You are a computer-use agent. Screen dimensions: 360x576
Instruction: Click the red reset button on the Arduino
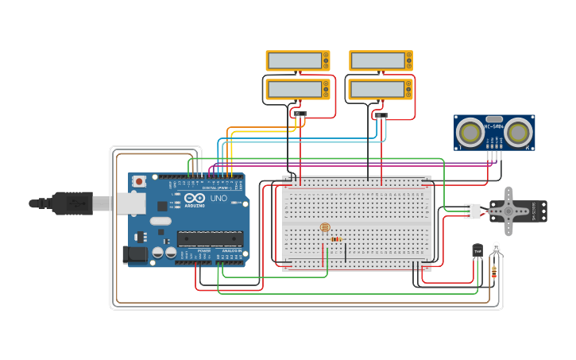coord(140,181)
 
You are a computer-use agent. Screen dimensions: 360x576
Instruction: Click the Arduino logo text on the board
coord(195,205)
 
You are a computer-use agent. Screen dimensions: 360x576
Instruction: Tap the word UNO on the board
coord(218,199)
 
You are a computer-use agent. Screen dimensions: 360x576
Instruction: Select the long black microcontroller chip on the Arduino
coord(210,238)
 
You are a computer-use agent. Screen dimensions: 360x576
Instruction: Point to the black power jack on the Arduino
coord(134,254)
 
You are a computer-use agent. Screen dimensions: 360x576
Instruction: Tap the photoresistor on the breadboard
coord(324,228)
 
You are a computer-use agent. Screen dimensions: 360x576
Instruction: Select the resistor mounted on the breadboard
coord(336,238)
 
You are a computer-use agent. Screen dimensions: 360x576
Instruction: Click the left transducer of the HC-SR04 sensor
coord(472,131)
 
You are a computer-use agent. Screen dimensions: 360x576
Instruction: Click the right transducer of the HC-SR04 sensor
coord(519,131)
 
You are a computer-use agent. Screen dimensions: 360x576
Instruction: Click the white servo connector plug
coord(472,211)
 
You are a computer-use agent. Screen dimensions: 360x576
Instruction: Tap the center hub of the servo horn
coord(511,211)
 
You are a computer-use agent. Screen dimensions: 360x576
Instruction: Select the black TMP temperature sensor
coord(477,251)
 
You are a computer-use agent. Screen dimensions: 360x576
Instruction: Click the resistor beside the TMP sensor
coord(495,273)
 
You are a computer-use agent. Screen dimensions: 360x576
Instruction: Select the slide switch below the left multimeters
coord(300,114)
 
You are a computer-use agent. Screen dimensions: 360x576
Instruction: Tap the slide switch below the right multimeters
coord(381,115)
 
